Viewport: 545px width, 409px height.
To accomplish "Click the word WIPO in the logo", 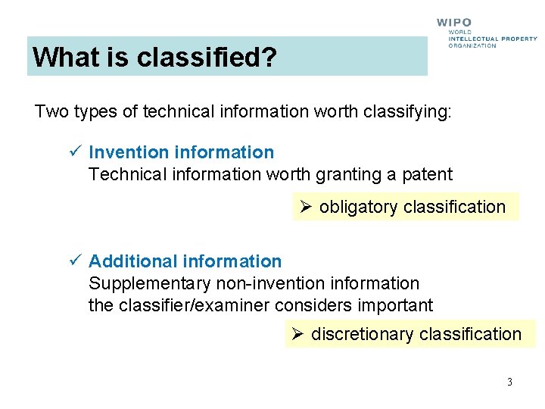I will [x=453, y=23].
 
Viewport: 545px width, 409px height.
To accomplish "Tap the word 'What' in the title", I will [x=61, y=57].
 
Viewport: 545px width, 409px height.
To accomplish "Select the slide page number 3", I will [x=509, y=382].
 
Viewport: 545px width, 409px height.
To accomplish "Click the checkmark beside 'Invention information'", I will [x=73, y=152].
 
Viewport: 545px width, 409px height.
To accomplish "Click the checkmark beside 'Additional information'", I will [x=73, y=261].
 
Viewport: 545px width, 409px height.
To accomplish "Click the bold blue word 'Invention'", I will [x=128, y=152].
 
